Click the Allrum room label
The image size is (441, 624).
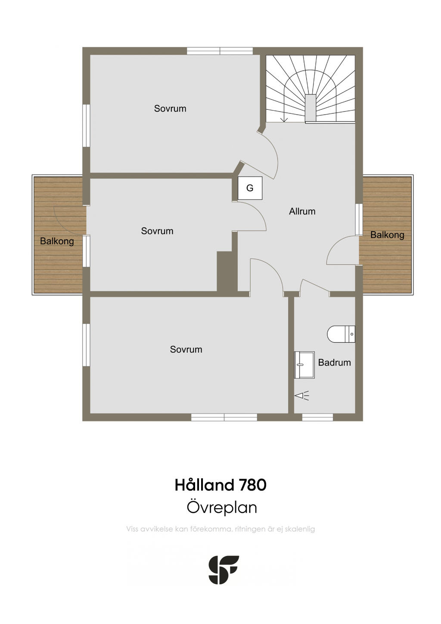click(x=302, y=211)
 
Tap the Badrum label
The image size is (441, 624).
click(x=334, y=362)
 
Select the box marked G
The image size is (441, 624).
click(x=250, y=188)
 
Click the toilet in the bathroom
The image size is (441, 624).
click(x=341, y=334)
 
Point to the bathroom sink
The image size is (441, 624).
click(x=304, y=365)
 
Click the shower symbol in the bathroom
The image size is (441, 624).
click(x=302, y=395)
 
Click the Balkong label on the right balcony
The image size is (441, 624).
click(x=387, y=235)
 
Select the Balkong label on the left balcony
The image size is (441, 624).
click(x=57, y=241)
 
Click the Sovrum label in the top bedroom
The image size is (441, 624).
click(x=170, y=108)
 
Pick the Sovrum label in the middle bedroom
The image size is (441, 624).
click(x=157, y=231)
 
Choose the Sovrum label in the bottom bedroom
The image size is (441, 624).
click(x=186, y=349)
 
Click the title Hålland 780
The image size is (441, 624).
click(x=220, y=485)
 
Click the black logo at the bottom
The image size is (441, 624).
click(x=224, y=570)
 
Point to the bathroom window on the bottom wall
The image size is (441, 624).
click(x=317, y=417)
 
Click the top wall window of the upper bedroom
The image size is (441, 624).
click(x=220, y=51)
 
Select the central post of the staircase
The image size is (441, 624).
click(x=311, y=108)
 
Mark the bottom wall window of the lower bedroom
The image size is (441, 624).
click(x=224, y=417)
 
